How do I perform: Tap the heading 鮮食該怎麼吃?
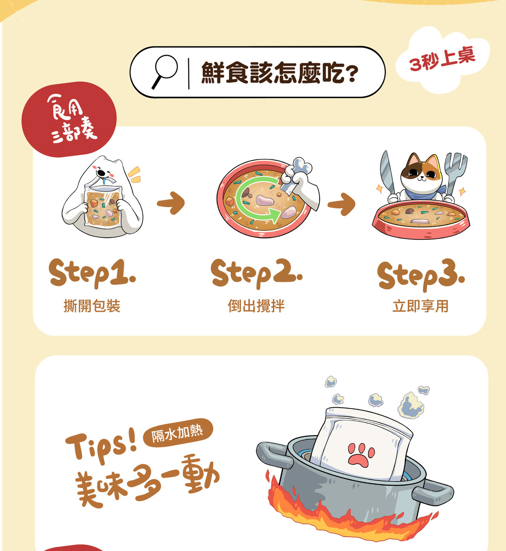(280, 73)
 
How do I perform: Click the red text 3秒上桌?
(442, 59)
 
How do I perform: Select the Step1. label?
(92, 273)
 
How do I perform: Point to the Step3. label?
(421, 275)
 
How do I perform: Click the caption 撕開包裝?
(92, 306)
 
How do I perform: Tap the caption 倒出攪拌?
(256, 306)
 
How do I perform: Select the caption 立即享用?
(420, 306)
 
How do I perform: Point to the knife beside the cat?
(387, 173)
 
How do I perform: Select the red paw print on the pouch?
(361, 454)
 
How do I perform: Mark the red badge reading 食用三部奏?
(69, 119)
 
